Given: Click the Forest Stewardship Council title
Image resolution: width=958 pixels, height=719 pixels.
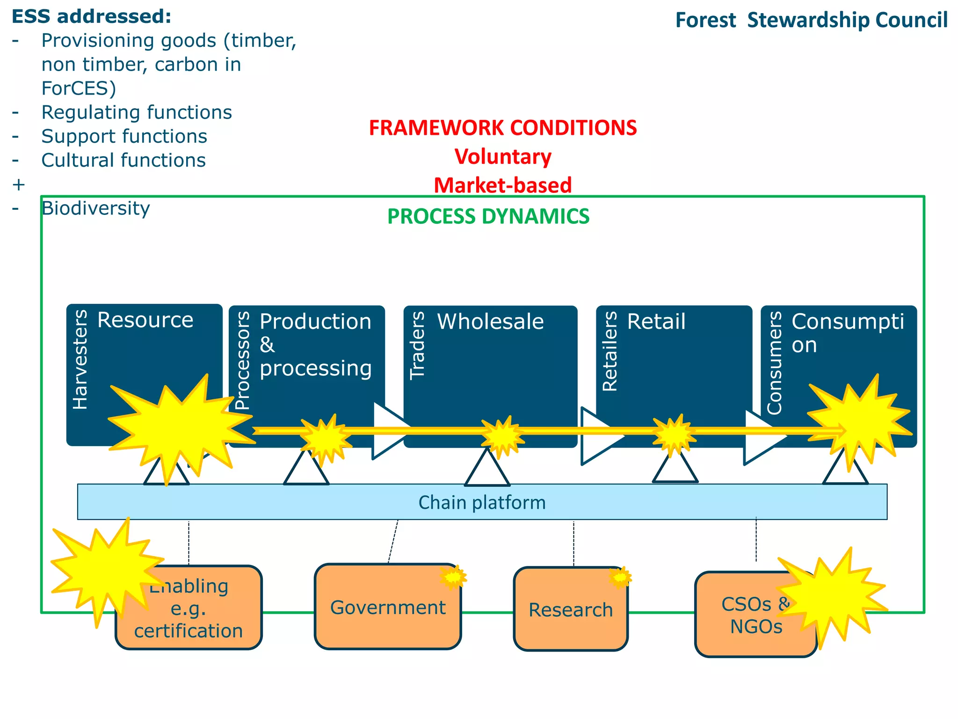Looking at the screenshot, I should [811, 21].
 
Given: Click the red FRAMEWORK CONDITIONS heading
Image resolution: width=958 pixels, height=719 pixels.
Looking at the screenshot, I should [503, 128].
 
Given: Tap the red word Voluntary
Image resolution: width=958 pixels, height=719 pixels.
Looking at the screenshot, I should [503, 156].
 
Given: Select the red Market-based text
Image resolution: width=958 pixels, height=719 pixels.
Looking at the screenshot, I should [503, 185].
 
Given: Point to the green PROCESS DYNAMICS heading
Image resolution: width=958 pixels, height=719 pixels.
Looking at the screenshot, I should [488, 216].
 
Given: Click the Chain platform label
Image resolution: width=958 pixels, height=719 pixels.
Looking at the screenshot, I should [482, 502].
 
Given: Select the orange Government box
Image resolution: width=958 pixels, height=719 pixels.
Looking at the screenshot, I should [387, 607].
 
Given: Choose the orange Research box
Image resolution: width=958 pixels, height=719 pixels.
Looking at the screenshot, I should [570, 610].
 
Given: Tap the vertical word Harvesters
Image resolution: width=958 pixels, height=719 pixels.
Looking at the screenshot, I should [80, 359].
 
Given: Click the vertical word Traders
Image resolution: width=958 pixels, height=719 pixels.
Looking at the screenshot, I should [417, 345].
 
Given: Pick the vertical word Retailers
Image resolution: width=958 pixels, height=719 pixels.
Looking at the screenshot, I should [610, 351].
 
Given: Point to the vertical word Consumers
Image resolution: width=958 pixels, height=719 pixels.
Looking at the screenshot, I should [775, 363].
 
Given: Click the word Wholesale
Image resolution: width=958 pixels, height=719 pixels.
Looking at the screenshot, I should [490, 322].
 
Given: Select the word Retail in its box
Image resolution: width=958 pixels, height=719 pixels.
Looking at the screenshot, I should [656, 322].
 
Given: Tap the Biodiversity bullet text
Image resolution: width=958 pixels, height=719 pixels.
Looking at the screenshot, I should [95, 208].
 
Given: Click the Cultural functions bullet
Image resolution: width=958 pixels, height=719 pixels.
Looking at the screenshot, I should [123, 160].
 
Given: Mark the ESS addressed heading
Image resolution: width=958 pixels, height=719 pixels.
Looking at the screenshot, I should [91, 16].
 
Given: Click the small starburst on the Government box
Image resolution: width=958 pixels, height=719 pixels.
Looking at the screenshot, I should [453, 577].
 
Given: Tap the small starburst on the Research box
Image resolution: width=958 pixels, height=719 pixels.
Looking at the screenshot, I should [620, 577].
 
